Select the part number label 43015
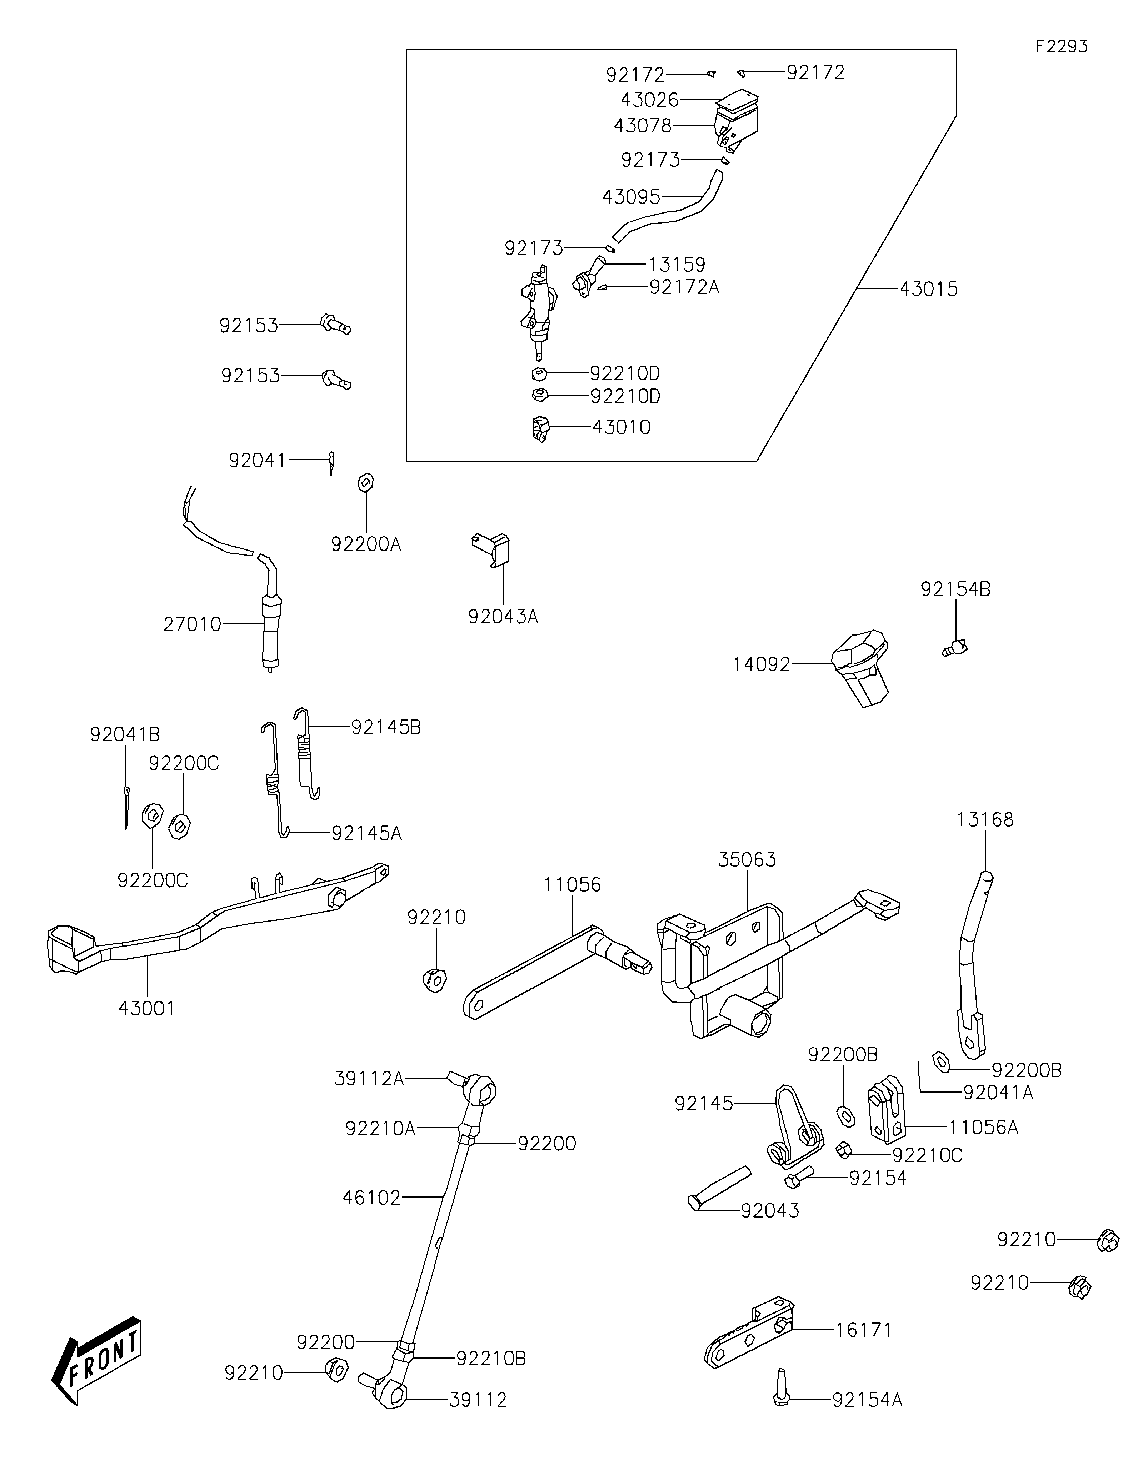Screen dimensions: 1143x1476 tap(929, 289)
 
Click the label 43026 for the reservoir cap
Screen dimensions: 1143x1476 tap(650, 100)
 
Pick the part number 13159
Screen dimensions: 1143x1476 tap(677, 264)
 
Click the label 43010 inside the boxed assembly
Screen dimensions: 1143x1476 tap(621, 427)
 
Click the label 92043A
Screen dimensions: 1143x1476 tap(503, 616)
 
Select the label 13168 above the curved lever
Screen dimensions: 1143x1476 tap(985, 820)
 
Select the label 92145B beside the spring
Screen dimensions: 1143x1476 tap(386, 727)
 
